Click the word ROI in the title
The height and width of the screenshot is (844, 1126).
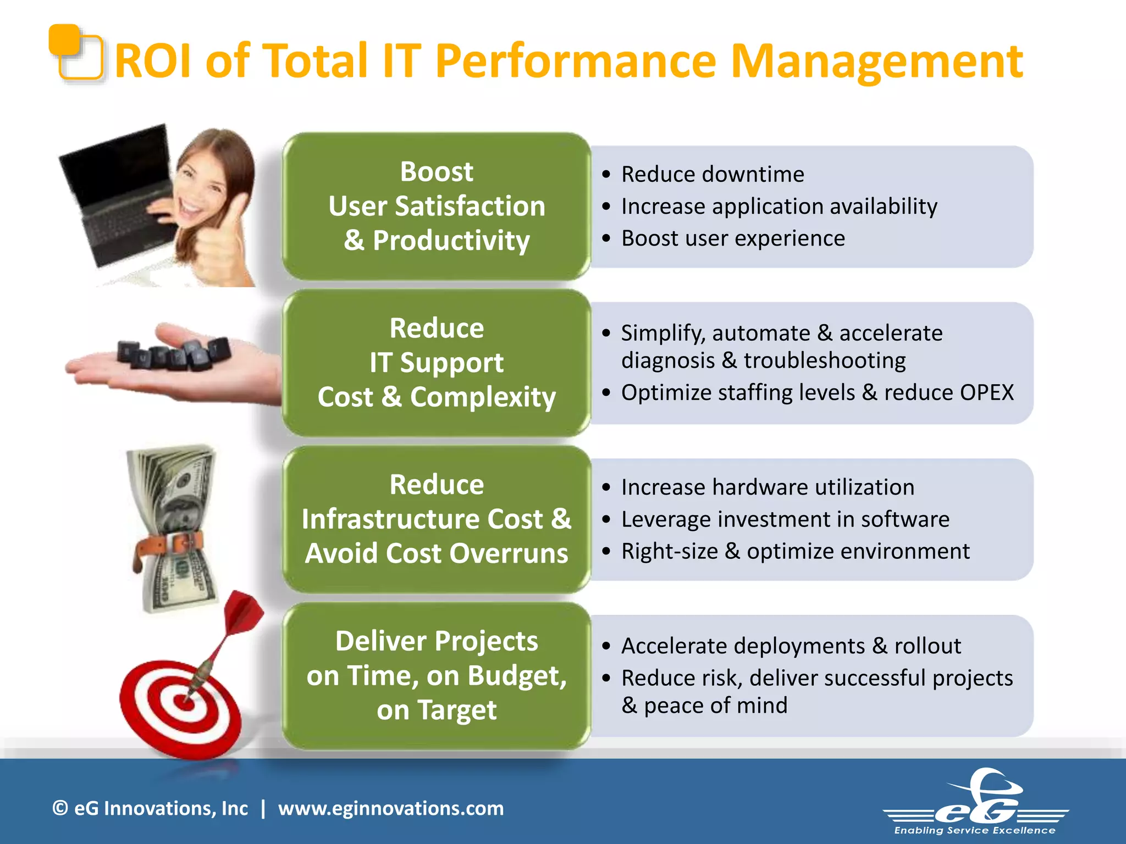point(153,61)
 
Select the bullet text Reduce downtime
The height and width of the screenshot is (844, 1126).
point(713,174)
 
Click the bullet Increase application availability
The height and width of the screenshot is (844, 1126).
point(779,206)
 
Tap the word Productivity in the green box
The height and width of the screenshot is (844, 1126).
point(451,241)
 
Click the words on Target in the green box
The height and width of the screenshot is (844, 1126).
point(437,709)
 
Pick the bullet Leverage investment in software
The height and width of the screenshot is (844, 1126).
point(785,519)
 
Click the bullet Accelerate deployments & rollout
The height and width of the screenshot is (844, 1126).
point(791,646)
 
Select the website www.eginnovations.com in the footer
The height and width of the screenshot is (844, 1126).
point(390,808)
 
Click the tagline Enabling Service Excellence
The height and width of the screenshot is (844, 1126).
point(974,830)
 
